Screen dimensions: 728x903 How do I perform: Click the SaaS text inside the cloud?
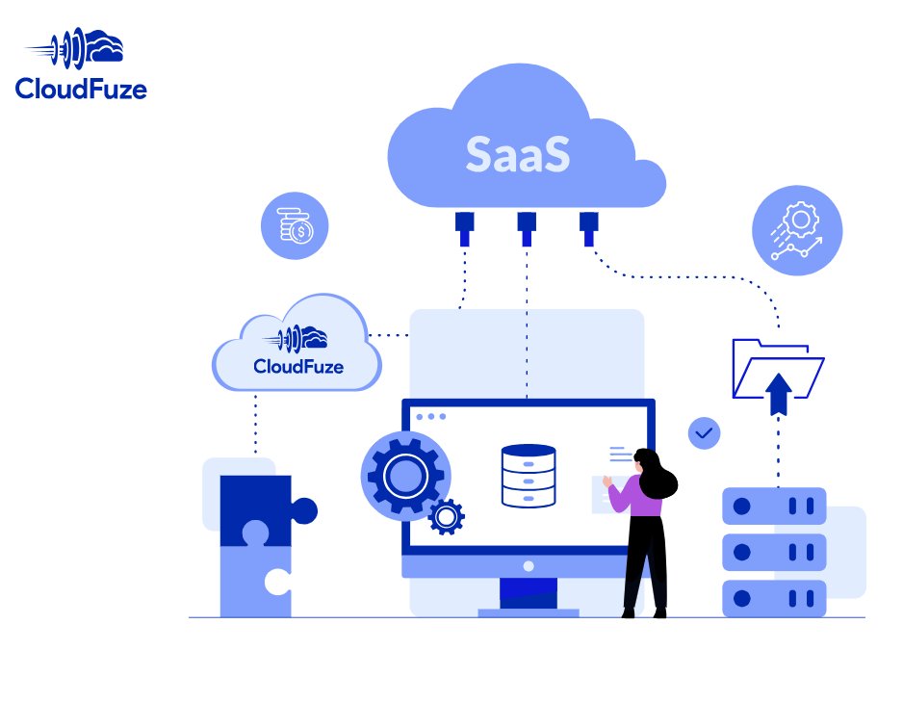coord(517,155)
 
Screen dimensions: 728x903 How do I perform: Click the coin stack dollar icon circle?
coord(295,226)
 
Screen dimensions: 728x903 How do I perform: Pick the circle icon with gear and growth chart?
coord(796,231)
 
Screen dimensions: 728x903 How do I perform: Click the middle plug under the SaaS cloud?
coord(526,227)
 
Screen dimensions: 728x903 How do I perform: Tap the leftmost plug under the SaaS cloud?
coord(464,227)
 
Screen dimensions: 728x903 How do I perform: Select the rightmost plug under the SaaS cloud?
coord(588,227)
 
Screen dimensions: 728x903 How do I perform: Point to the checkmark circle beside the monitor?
coord(704,433)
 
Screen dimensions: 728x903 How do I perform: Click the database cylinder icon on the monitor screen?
coord(528,476)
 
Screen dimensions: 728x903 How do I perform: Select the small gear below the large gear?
coord(446,517)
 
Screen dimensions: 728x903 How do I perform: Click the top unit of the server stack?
coord(774,505)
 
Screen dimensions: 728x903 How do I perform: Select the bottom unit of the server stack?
coord(774,597)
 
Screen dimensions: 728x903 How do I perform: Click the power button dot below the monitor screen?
coord(528,566)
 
